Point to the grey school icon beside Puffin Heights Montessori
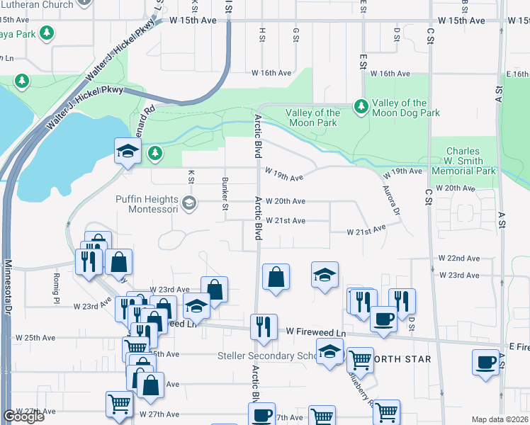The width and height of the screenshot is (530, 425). tap(188, 204)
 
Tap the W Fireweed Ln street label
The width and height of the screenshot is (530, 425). tap(316, 331)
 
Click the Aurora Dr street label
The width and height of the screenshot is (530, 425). tap(392, 200)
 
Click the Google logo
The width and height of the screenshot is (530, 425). tap(23, 416)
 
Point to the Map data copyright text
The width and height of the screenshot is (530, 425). tap(500, 419)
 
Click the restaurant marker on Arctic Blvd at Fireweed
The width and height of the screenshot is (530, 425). tap(264, 327)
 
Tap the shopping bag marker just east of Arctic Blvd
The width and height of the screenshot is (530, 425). tap(276, 278)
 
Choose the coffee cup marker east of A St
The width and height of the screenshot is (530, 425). tap(486, 362)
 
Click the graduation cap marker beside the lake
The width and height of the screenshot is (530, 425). tap(128, 152)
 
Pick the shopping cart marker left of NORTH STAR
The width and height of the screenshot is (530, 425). tap(360, 360)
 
